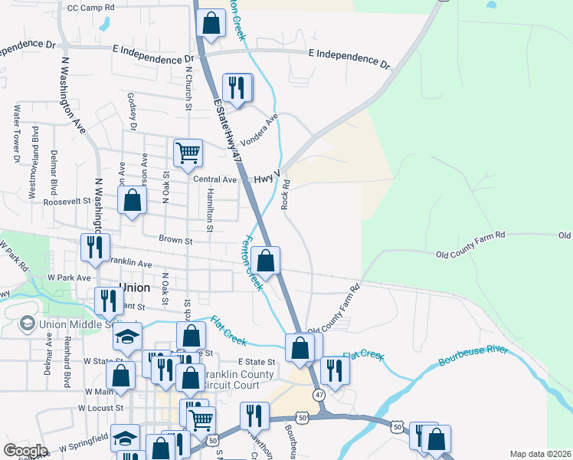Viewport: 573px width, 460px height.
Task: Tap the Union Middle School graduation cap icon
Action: pos(28,324)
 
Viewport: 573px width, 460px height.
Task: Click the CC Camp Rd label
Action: pos(90,7)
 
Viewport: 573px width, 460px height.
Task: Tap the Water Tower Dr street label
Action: pos(15,135)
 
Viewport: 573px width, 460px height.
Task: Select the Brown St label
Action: pos(175,240)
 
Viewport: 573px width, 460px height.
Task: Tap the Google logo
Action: pos(25,450)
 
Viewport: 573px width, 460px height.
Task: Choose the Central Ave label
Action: pos(215,179)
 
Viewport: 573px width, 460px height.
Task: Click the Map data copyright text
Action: pos(539,454)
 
